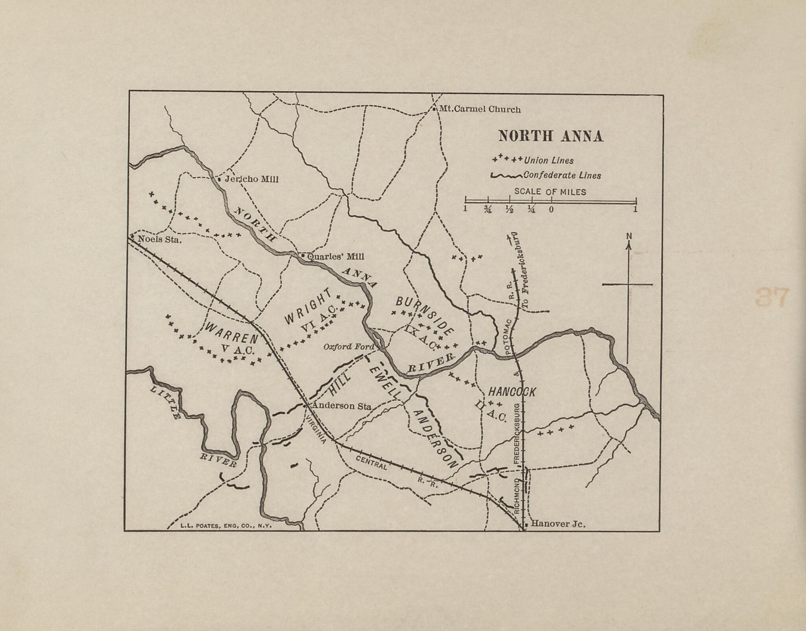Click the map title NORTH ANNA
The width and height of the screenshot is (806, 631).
pyautogui.click(x=551, y=136)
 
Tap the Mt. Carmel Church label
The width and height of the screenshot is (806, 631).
pyautogui.click(x=479, y=109)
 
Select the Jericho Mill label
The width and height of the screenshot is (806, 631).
pyautogui.click(x=251, y=179)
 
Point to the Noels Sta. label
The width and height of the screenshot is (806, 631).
pyautogui.click(x=159, y=239)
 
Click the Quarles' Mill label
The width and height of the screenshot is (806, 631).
pyautogui.click(x=335, y=256)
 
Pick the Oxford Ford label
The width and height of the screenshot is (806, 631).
pyautogui.click(x=348, y=347)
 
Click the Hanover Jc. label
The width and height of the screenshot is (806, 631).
pyautogui.click(x=558, y=524)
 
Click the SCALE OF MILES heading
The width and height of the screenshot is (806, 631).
pyautogui.click(x=550, y=192)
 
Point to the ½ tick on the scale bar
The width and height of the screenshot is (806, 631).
pyautogui.click(x=509, y=209)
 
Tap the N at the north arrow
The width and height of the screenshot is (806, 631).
pyautogui.click(x=629, y=236)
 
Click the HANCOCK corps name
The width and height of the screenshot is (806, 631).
pyautogui.click(x=512, y=391)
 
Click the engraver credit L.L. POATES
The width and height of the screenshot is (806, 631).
pyautogui.click(x=226, y=525)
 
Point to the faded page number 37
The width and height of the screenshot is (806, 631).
pyautogui.click(x=772, y=297)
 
